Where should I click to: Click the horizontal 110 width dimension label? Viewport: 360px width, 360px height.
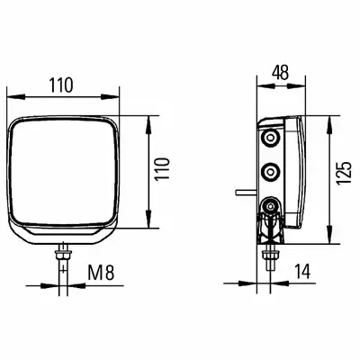click(x=61, y=85)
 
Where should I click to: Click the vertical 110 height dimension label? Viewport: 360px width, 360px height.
click(x=162, y=168)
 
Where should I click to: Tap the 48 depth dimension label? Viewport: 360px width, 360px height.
click(x=280, y=73)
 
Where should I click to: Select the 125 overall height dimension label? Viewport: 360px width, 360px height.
click(x=344, y=174)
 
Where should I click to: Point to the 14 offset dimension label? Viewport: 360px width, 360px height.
click(x=302, y=271)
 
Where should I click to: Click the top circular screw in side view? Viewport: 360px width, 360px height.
click(x=270, y=138)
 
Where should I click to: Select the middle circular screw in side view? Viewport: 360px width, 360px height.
click(x=271, y=172)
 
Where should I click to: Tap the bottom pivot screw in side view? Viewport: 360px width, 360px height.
click(x=270, y=206)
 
